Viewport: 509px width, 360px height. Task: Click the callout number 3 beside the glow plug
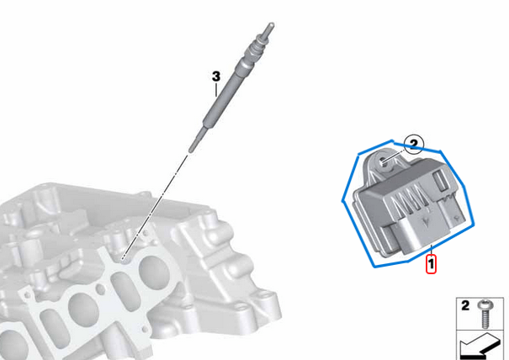(x=215, y=77)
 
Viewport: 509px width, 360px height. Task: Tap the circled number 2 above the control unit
(x=412, y=145)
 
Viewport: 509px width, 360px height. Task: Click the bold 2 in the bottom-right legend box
(x=464, y=306)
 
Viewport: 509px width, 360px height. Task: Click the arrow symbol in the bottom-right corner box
(x=478, y=344)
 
